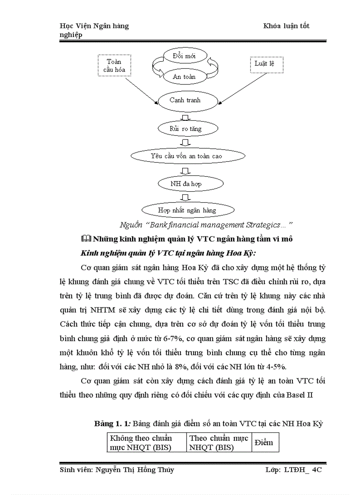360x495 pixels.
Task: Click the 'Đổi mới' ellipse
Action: pos(185,56)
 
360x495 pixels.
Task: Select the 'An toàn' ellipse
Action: pos(184,77)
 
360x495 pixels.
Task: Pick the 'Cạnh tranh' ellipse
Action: pos(185,100)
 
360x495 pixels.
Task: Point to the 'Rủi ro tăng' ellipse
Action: pos(186,129)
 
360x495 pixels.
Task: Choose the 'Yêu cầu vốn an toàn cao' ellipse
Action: pos(186,156)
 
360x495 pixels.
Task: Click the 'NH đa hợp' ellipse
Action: pos(186,183)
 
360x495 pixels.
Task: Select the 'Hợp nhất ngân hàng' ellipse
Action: pos(187,210)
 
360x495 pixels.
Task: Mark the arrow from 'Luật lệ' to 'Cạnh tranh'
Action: pos(239,88)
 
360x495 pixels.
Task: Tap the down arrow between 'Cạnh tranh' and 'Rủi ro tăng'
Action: pos(186,116)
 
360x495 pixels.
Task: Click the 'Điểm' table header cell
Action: pos(264,443)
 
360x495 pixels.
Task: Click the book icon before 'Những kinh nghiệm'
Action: pos(86,238)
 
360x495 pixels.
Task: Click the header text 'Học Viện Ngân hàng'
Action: pos(94,26)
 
